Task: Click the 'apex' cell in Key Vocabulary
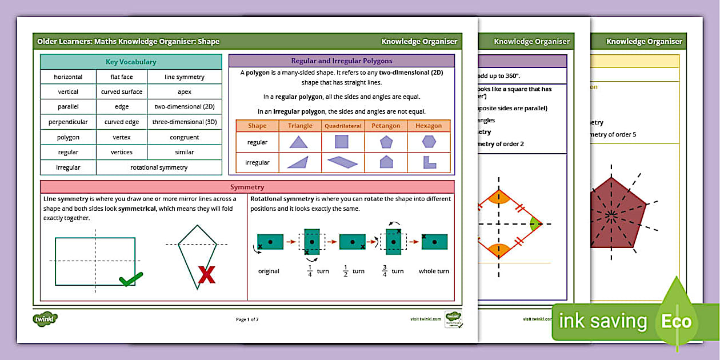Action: [184, 91]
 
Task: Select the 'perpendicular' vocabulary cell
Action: [68, 122]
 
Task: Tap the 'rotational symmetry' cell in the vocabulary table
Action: [159, 167]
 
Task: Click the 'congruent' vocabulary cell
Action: [184, 137]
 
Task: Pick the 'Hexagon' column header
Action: [429, 126]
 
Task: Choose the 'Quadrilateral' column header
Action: [343, 126]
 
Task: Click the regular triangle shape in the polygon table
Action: [299, 142]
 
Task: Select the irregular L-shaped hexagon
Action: [429, 162]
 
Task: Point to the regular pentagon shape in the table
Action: [386, 142]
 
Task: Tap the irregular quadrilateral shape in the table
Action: [342, 162]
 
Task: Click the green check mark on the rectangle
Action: [130, 279]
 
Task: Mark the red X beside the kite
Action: [206, 275]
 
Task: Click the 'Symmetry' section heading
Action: [247, 187]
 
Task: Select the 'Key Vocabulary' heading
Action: [131, 62]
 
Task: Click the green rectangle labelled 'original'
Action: [270, 242]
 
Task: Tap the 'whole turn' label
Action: [434, 271]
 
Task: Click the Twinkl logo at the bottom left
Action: [45, 319]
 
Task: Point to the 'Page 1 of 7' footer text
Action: [247, 319]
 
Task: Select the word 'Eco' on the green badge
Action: [676, 321]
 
